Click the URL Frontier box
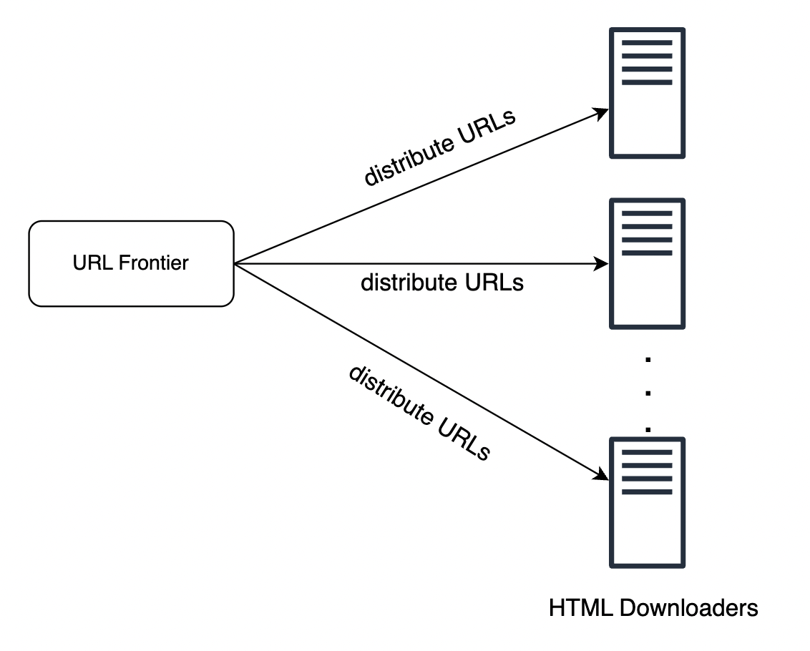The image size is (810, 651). coord(131,264)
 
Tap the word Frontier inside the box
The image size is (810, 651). coord(154,263)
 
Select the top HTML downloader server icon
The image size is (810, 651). coord(647,93)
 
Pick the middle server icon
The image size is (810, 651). coord(647,264)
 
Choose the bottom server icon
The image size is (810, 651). coord(647,503)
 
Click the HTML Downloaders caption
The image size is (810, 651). coord(653,608)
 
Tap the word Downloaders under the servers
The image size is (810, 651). coord(688,608)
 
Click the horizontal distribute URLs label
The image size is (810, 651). coord(441,283)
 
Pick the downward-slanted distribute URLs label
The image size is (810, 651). coord(419,413)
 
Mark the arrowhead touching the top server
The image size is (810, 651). coord(602,113)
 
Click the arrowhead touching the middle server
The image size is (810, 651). coord(602,264)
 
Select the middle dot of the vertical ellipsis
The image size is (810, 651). coord(648,393)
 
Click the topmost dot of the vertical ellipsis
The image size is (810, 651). coord(648,360)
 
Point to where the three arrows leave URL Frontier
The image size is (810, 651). coord(235,264)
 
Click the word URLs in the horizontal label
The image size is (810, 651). coord(494,283)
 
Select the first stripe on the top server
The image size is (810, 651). coord(647,43)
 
